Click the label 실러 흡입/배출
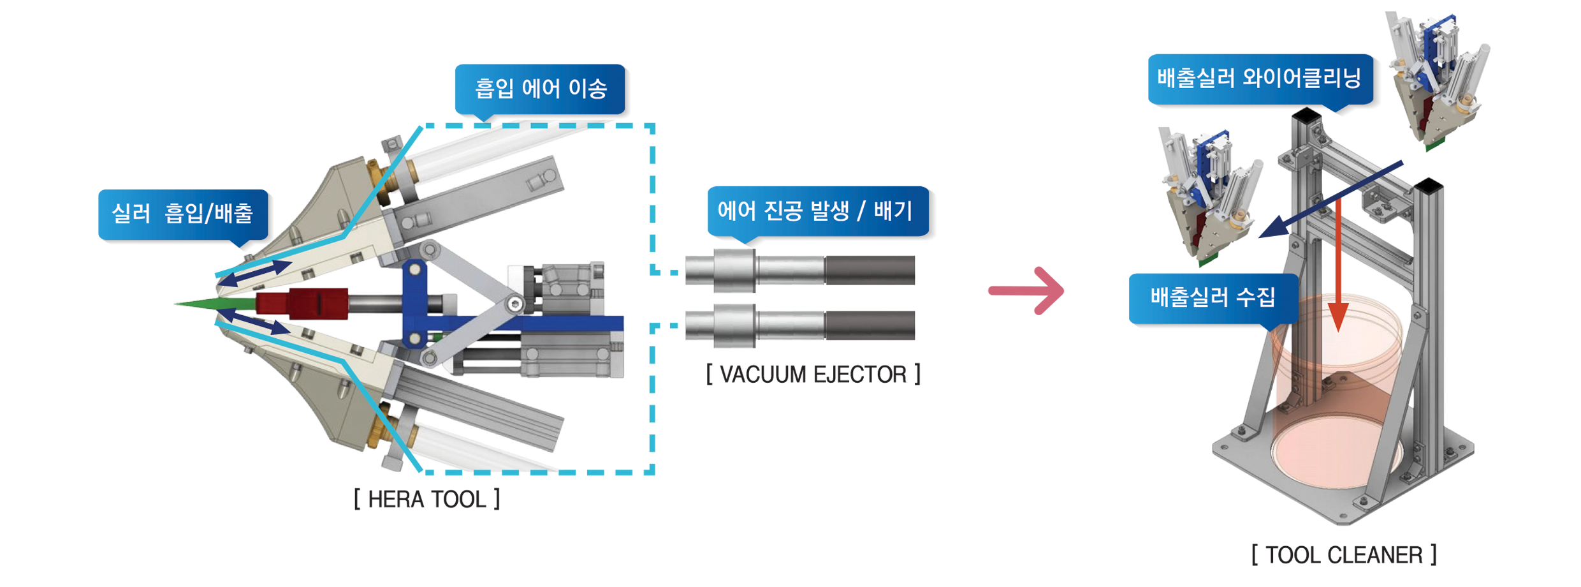point(182,213)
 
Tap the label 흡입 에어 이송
point(541,88)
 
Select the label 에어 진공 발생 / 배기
point(815,211)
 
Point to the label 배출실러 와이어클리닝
point(1259,78)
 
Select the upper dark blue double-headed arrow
point(255,273)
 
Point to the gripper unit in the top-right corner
point(1434,83)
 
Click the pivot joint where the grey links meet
point(514,304)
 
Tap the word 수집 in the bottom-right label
point(1255,297)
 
